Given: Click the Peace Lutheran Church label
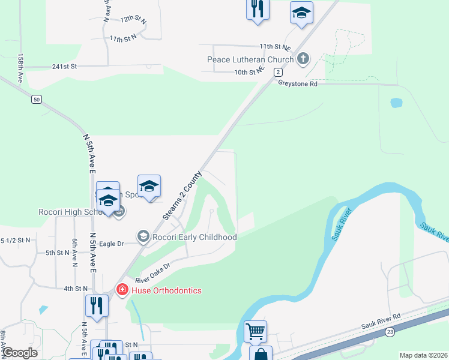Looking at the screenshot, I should (250, 59).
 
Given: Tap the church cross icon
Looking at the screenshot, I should (303, 59).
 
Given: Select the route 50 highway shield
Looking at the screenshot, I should (37, 100).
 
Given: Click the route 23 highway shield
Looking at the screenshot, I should (390, 332).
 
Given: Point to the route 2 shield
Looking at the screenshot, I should (278, 72).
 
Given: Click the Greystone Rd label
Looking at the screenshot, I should (297, 84).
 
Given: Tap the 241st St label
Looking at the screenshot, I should (65, 67).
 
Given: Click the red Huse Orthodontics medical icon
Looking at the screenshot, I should (122, 290).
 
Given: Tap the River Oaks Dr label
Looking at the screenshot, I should (153, 272).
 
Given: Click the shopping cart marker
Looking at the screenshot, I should (256, 331).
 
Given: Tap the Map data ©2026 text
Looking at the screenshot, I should (423, 355).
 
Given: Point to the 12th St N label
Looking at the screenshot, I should (133, 19).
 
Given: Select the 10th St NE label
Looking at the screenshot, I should (249, 72).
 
